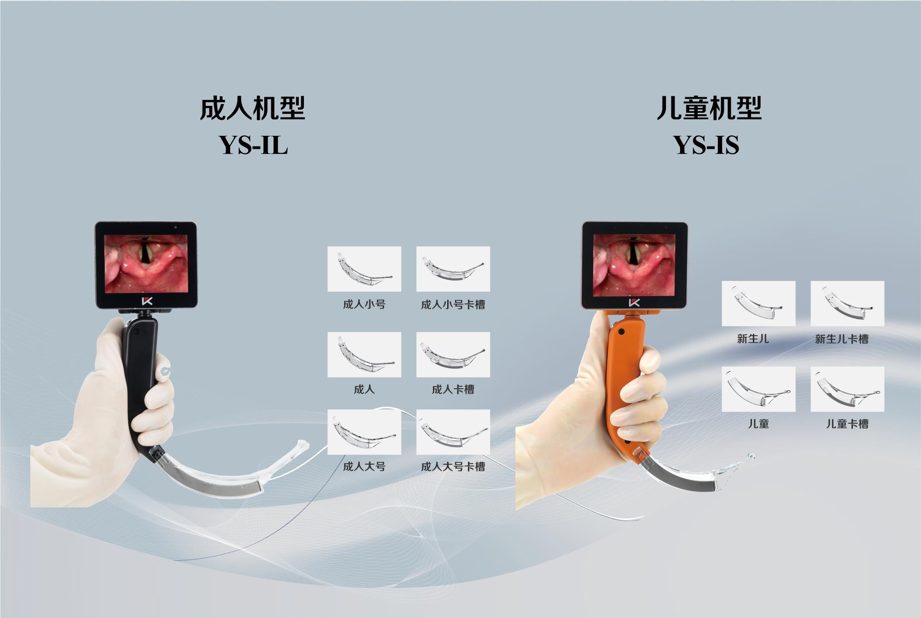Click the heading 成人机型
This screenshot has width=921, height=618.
pyautogui.click(x=252, y=109)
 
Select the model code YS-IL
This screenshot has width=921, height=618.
pyautogui.click(x=254, y=145)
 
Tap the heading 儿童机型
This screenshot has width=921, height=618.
pyautogui.click(x=709, y=109)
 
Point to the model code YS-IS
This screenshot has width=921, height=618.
pyautogui.click(x=706, y=145)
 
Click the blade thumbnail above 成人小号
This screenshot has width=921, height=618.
pyautogui.click(x=364, y=269)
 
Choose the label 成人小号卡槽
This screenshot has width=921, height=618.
pyautogui.click(x=453, y=304)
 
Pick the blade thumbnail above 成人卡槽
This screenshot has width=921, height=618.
pyautogui.click(x=453, y=355)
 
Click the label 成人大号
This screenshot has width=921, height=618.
pyautogui.click(x=364, y=466)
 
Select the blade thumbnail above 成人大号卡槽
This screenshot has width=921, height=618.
pyautogui.click(x=453, y=432)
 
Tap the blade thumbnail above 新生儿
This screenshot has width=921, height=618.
pyautogui.click(x=758, y=303)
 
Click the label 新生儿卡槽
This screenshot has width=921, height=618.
pyautogui.click(x=842, y=339)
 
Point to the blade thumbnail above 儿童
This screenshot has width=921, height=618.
pyautogui.click(x=758, y=389)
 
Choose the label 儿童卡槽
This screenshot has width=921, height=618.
pyautogui.click(x=847, y=424)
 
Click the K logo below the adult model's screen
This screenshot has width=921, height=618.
pyautogui.click(x=147, y=301)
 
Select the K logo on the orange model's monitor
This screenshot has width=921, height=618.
pyautogui.click(x=634, y=302)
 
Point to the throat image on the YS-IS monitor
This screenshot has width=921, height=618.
pyautogui.click(x=633, y=265)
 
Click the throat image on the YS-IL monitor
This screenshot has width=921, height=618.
pyautogui.click(x=146, y=263)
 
